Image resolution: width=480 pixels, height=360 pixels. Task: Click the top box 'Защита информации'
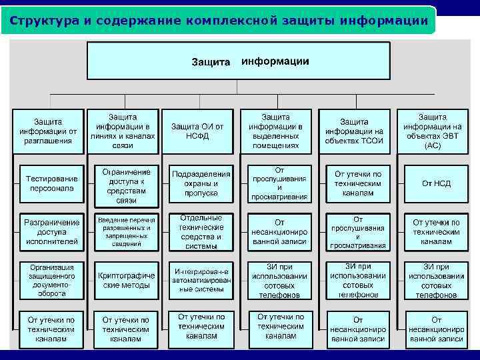pyautogui.click(x=239, y=61)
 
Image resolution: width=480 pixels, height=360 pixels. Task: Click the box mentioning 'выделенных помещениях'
pyautogui.click(x=275, y=131)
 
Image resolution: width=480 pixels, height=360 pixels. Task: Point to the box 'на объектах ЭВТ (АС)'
pyautogui.click(x=433, y=131)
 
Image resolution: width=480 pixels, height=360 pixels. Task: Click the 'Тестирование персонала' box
pyautogui.click(x=52, y=183)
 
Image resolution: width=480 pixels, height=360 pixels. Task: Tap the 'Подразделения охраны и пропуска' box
pyautogui.click(x=201, y=183)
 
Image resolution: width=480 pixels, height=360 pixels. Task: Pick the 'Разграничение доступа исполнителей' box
pyautogui.click(x=52, y=231)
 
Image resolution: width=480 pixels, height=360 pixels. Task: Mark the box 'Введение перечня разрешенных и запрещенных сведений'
pyautogui.click(x=126, y=231)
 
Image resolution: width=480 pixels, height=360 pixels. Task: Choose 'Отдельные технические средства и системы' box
pyautogui.click(x=201, y=231)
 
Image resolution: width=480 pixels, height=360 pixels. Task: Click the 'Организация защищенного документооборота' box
pyautogui.click(x=52, y=280)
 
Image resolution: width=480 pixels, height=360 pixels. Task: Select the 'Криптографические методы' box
pyautogui.click(x=126, y=280)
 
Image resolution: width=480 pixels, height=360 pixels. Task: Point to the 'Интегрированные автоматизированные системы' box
pyautogui.click(x=201, y=280)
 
